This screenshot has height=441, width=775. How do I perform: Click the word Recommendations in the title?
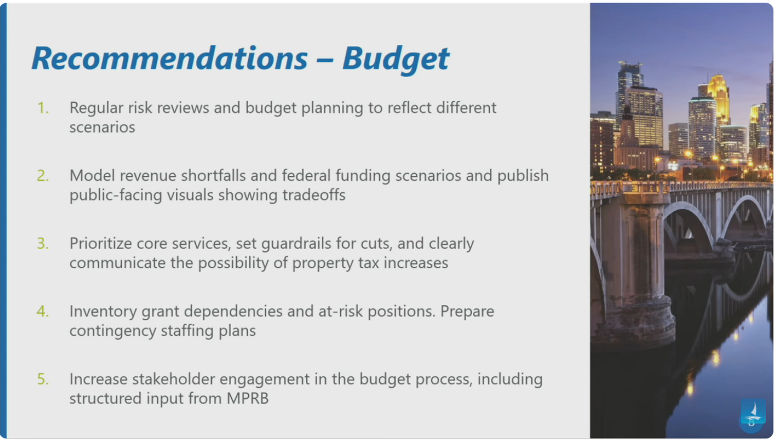[x=170, y=58]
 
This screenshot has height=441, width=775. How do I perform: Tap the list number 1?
[x=43, y=108]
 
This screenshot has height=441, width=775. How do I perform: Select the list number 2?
[x=43, y=176]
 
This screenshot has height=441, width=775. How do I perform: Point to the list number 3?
[x=43, y=244]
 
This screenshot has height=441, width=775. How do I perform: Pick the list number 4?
[x=43, y=311]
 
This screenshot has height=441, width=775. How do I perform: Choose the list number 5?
[x=43, y=379]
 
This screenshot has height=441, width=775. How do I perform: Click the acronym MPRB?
[x=248, y=398]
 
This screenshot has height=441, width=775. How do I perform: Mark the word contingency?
[x=113, y=332]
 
